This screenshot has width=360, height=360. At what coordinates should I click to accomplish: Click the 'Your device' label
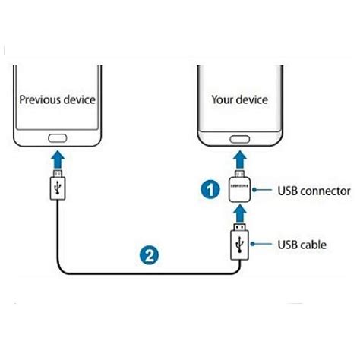point(241,99)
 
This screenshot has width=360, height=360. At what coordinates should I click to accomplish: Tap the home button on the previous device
point(58,139)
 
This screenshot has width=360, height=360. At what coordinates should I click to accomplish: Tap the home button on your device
point(241,139)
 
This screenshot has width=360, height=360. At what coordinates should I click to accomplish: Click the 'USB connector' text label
point(314,191)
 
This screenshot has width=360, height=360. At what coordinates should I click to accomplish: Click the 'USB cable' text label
point(302,244)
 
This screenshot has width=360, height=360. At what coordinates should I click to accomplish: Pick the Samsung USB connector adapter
point(241,189)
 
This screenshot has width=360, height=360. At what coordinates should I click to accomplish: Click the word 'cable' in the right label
point(314,244)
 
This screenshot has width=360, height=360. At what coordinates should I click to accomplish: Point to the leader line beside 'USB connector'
point(263,191)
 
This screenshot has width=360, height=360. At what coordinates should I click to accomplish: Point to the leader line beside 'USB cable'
point(263,244)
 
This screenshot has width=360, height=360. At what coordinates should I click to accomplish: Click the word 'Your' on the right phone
point(224,99)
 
